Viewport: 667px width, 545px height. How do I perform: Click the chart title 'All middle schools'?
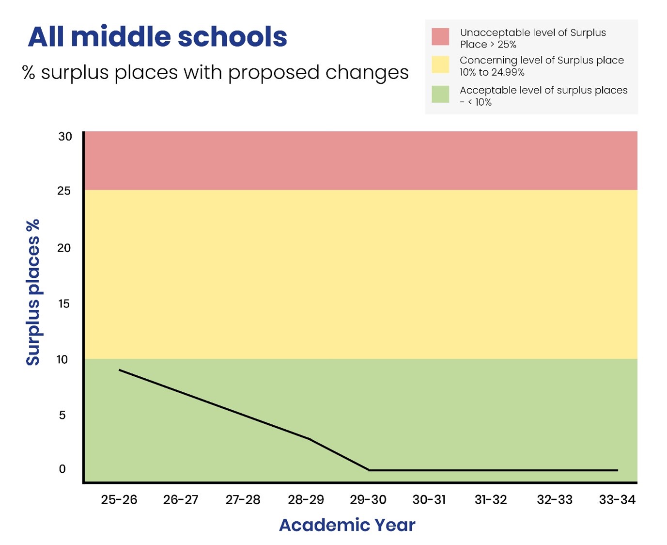157,37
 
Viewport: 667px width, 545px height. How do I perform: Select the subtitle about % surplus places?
216,73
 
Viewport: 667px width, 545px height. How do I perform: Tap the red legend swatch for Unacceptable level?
440,37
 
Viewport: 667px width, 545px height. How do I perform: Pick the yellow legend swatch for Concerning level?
440,64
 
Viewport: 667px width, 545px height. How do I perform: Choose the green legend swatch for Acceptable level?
440,94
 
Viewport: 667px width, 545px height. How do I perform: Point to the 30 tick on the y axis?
65,137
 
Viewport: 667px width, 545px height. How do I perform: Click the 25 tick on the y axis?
64,191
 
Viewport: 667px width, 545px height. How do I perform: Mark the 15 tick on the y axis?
64,304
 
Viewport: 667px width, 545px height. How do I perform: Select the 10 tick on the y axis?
62,360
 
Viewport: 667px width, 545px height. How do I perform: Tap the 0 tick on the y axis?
62,469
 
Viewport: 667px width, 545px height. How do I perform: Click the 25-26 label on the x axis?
119,500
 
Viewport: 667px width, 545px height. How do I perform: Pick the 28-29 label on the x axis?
306,500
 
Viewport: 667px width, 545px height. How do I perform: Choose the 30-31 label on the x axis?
429,500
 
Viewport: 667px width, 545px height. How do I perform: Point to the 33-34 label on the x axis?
617,500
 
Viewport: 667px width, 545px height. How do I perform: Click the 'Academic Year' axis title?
347,525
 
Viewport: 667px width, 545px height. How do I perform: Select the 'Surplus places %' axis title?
33,292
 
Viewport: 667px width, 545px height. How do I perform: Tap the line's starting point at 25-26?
120,370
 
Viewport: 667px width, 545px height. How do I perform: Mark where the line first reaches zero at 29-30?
369,470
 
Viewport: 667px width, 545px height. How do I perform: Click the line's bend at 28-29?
309,439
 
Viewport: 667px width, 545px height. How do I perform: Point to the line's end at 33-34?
617,470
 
